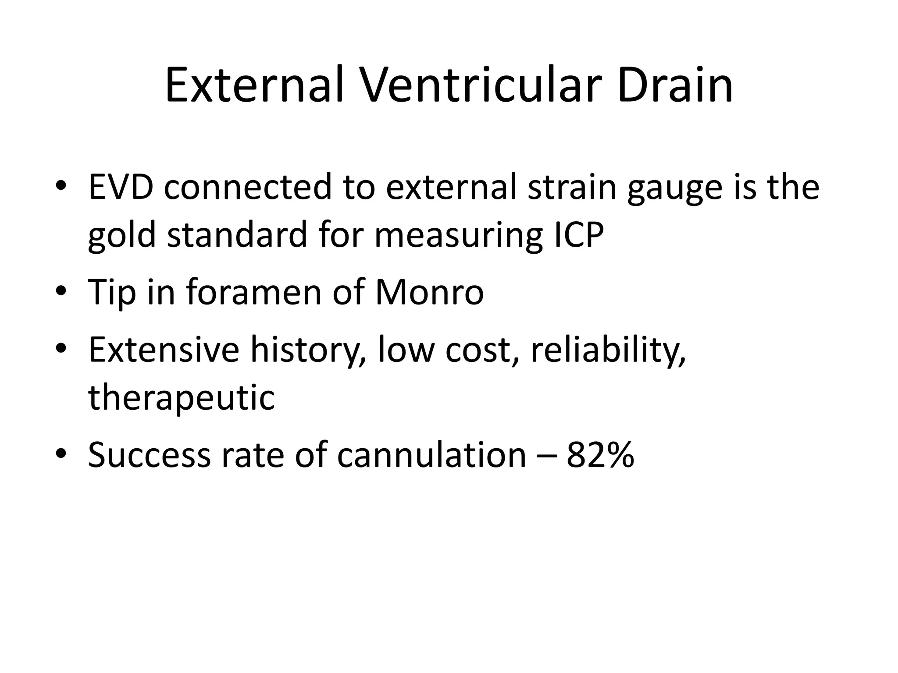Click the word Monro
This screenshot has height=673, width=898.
point(429,292)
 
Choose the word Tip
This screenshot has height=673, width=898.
point(112,293)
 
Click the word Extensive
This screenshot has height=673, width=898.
point(164,350)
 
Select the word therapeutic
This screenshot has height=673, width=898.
point(182,398)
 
